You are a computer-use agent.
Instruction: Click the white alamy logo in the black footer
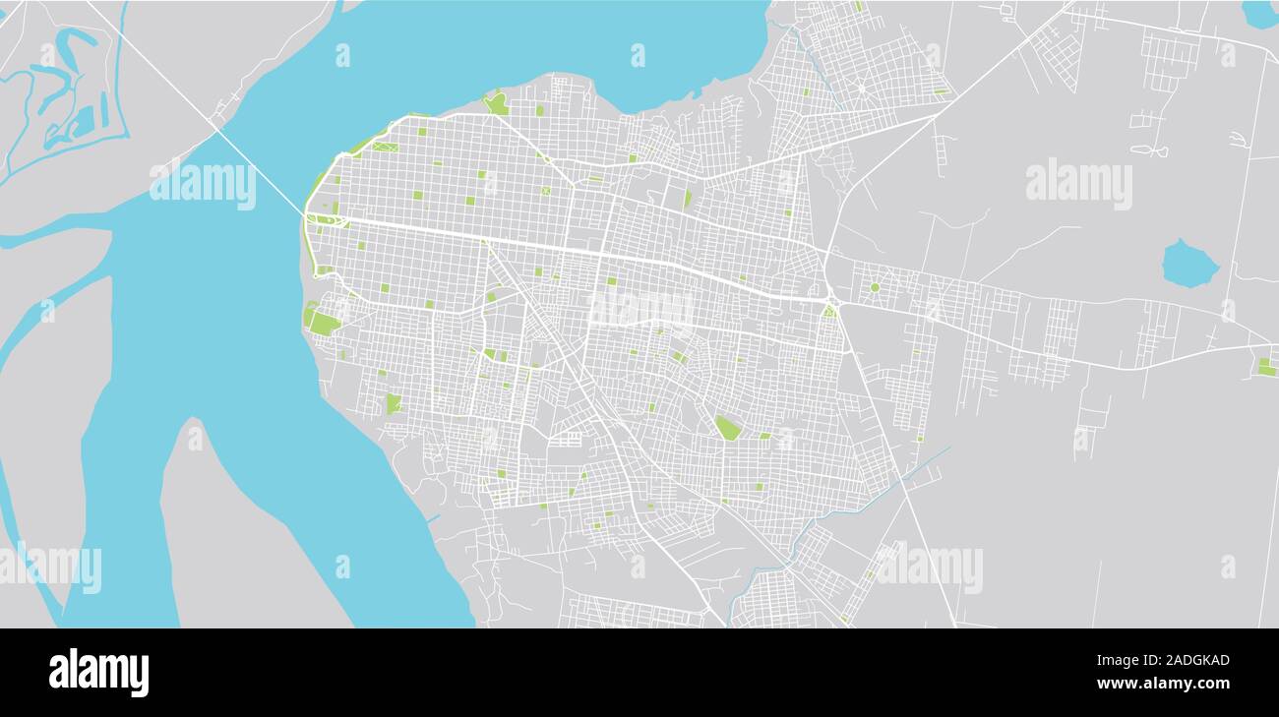point(98,673)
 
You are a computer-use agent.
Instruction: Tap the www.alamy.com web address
point(1163,684)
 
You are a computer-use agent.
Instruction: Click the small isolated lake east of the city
point(1188,263)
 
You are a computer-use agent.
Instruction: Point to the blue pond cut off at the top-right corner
point(1260,13)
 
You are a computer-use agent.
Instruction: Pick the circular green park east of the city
point(874,287)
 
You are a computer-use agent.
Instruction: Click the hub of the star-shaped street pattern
point(862,88)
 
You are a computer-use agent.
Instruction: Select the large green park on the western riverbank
point(323,323)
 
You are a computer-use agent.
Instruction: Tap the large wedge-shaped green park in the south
point(727,427)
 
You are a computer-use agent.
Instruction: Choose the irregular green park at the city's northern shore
point(496,102)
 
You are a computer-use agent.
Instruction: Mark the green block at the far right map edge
point(1266,367)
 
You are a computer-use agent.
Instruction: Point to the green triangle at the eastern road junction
point(829,311)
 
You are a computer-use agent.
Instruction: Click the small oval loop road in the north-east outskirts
point(1149,150)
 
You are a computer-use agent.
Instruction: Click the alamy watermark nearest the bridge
point(203,184)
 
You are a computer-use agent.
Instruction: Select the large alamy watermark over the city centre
point(640,308)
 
